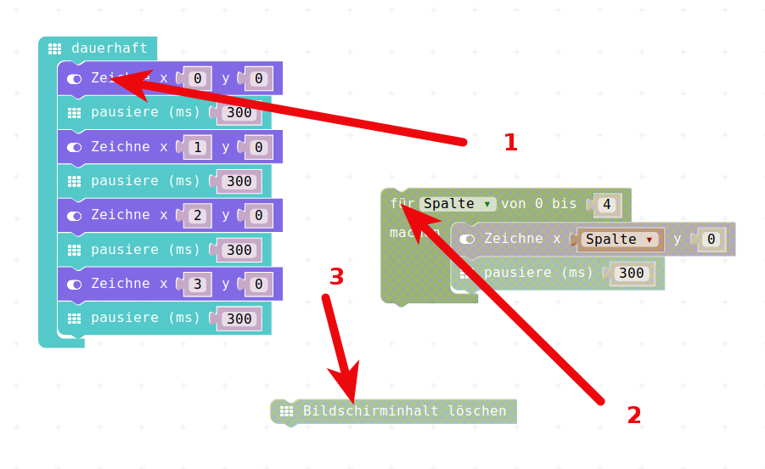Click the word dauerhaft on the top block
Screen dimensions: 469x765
point(109,48)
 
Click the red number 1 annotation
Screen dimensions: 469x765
point(510,143)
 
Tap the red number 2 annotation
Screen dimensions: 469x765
point(634,415)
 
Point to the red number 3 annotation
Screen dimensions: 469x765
point(336,277)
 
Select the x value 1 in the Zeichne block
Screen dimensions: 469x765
point(197,147)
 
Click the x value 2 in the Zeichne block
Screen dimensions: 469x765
point(197,216)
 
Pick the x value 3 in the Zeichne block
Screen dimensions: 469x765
point(197,284)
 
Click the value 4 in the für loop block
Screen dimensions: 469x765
point(606,205)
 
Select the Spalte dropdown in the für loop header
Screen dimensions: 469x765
point(458,204)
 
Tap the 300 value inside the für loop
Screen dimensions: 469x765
point(631,273)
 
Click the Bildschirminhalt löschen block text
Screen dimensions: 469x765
point(404,411)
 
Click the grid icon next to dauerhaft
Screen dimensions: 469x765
point(54,49)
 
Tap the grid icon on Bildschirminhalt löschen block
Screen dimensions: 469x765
point(286,411)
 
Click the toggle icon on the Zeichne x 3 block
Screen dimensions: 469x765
point(75,284)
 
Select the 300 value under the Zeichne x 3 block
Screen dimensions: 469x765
point(239,319)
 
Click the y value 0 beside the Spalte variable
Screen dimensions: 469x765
point(711,240)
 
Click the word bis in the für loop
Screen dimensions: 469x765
point(565,204)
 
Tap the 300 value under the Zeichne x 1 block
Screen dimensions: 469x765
point(239,181)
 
